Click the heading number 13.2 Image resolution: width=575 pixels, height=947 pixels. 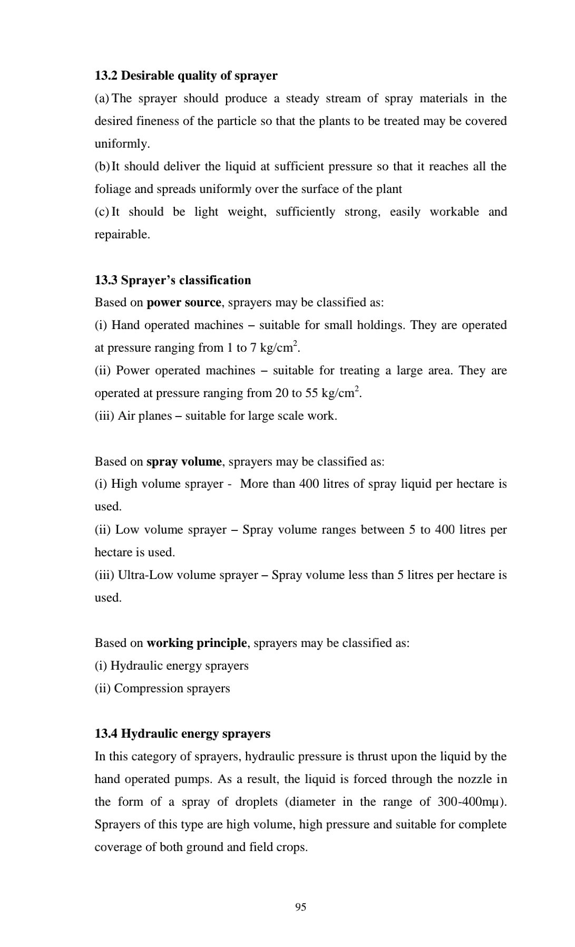[x=106, y=76]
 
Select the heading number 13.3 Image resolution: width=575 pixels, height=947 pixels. [x=106, y=280]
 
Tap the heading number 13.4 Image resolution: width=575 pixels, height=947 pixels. [x=106, y=734]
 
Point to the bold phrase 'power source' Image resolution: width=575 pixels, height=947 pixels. [x=184, y=303]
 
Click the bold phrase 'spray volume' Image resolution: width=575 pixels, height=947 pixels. [x=184, y=462]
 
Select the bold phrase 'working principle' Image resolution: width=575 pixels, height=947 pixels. [x=197, y=643]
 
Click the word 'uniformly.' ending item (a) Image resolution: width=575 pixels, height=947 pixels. [x=122, y=144]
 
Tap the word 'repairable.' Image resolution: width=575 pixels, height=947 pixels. [x=122, y=235]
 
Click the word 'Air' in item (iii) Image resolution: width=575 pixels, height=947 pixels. [x=126, y=416]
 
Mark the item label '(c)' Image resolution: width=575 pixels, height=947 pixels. [x=102, y=212]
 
